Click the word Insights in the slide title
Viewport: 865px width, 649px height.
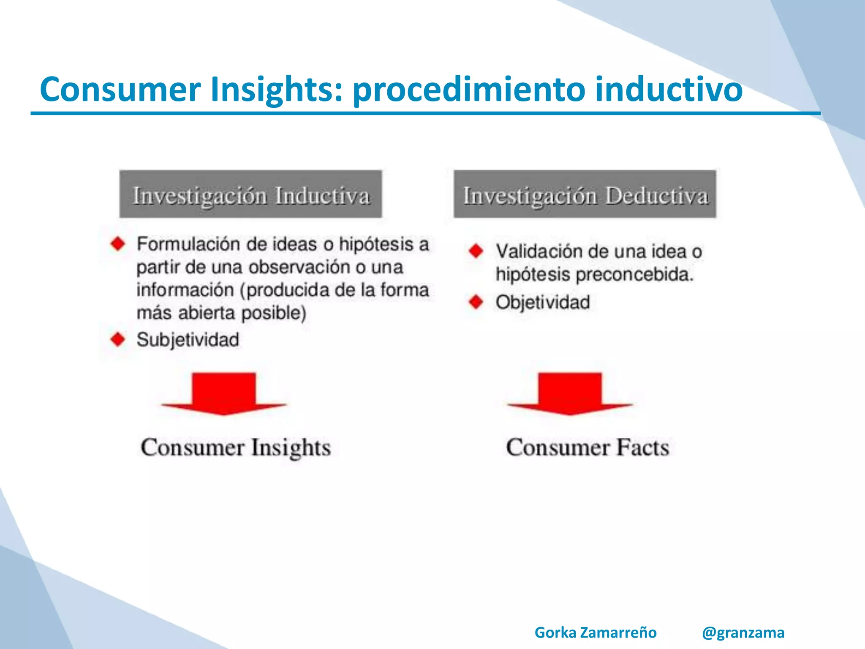(276, 89)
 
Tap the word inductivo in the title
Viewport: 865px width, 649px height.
(668, 89)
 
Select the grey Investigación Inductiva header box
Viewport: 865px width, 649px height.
(250, 194)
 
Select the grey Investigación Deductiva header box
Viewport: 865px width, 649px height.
(585, 194)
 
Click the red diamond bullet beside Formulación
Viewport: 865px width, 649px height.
(118, 244)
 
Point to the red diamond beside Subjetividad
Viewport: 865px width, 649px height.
(118, 339)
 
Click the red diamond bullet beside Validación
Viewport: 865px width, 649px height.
(476, 251)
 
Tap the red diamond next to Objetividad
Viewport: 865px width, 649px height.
(476, 302)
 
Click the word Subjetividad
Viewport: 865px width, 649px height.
(188, 340)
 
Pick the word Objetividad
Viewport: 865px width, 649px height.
(543, 303)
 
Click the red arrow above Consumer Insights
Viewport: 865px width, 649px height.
(224, 393)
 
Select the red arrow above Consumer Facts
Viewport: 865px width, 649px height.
(570, 393)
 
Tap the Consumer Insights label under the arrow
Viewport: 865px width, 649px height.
(236, 447)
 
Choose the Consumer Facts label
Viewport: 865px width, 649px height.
(588, 447)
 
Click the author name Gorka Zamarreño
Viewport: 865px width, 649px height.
(596, 633)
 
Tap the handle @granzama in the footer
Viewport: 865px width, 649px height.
(743, 633)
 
